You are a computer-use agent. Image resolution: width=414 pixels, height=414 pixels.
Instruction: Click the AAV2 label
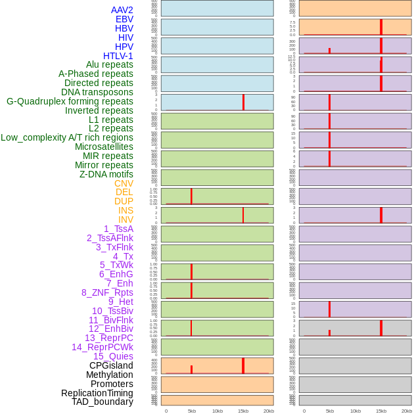click(122, 10)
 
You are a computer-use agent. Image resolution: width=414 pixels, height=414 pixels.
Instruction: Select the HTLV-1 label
click(118, 56)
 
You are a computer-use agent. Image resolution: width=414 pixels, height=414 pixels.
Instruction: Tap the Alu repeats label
click(109, 64)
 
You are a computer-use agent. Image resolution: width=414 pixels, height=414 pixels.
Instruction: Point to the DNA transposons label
click(97, 92)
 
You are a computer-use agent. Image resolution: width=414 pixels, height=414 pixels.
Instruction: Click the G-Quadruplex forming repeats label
click(70, 101)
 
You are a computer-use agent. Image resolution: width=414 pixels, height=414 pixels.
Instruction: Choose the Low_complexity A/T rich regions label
click(66, 137)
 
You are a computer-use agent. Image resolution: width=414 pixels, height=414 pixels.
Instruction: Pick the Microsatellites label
click(104, 147)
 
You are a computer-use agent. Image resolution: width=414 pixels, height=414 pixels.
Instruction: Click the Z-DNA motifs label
click(106, 174)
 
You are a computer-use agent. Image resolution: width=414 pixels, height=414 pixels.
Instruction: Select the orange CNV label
click(124, 183)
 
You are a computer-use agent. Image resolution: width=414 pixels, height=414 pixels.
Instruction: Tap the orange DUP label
click(124, 201)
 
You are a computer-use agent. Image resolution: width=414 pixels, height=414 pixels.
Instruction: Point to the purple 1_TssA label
click(118, 229)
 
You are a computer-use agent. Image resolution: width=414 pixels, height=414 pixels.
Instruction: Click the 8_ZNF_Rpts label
click(107, 292)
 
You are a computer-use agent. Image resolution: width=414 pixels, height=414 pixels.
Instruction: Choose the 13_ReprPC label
click(108, 338)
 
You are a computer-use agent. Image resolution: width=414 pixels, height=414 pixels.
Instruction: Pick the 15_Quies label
click(112, 356)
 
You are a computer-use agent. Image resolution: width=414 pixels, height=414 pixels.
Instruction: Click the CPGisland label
click(111, 365)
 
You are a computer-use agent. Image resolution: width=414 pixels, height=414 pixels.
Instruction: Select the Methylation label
click(109, 375)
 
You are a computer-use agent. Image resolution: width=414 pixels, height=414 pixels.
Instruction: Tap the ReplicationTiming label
click(97, 393)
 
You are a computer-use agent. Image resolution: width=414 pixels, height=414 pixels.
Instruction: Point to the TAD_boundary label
click(102, 402)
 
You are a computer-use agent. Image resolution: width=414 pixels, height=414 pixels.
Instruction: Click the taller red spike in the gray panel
click(380, 327)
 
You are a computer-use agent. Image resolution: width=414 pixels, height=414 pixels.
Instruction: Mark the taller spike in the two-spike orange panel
click(243, 365)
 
